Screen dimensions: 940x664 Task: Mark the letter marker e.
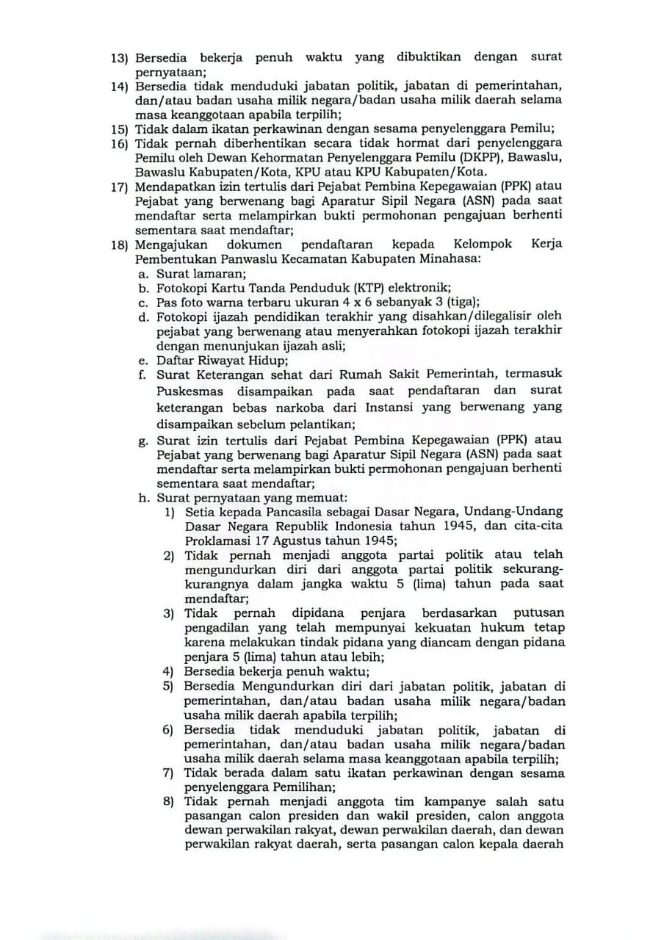(144, 361)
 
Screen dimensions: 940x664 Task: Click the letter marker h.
(144, 497)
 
